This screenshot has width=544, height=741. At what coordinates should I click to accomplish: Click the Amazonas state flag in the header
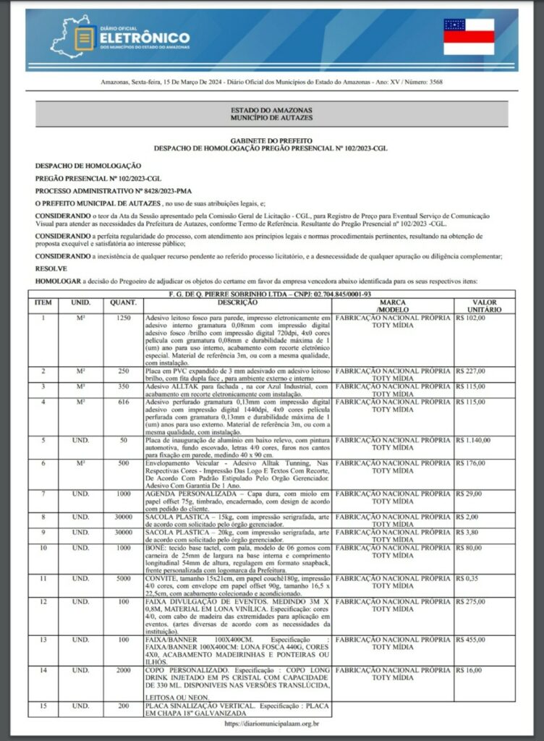469,37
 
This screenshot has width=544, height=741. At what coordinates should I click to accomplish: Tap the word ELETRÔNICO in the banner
145,37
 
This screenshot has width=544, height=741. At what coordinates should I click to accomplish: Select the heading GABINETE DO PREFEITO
271,140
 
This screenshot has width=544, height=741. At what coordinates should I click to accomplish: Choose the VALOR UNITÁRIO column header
483,305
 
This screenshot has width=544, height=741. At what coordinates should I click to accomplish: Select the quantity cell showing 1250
124,318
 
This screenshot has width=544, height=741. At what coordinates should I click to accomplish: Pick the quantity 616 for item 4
124,402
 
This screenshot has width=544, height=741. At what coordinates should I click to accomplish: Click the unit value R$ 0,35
467,578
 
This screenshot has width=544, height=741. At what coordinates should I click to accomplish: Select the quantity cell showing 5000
124,578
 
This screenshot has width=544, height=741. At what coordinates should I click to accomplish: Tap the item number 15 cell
43,705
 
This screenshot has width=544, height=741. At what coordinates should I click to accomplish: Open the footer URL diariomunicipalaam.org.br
272,722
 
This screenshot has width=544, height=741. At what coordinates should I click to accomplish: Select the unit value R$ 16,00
469,671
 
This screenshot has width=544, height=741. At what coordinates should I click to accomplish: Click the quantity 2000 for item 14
124,671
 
